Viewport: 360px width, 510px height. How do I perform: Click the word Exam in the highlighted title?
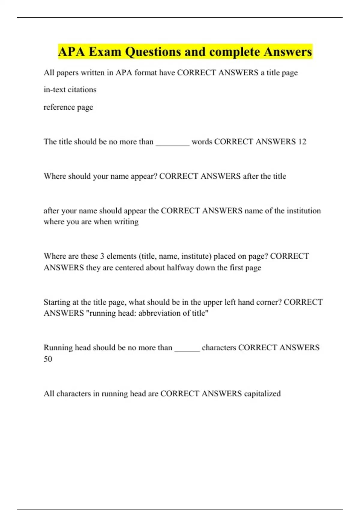pyautogui.click(x=105, y=52)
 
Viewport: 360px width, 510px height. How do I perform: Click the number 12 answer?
pyautogui.click(x=302, y=142)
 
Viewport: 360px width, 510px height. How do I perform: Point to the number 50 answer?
pyautogui.click(x=48, y=359)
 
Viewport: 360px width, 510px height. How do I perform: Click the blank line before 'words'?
pyautogui.click(x=172, y=142)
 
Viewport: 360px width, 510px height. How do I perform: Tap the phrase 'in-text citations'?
pyautogui.click(x=70, y=90)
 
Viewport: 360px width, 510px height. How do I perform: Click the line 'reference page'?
pyautogui.click(x=68, y=107)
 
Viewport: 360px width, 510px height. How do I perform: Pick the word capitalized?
pyautogui.click(x=262, y=394)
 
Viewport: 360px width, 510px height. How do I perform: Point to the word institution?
pyautogui.click(x=304, y=211)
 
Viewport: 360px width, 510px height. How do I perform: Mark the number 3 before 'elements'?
pyautogui.click(x=102, y=256)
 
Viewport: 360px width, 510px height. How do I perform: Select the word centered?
pyautogui.click(x=129, y=268)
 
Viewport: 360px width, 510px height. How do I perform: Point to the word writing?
pyautogui.click(x=126, y=222)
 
